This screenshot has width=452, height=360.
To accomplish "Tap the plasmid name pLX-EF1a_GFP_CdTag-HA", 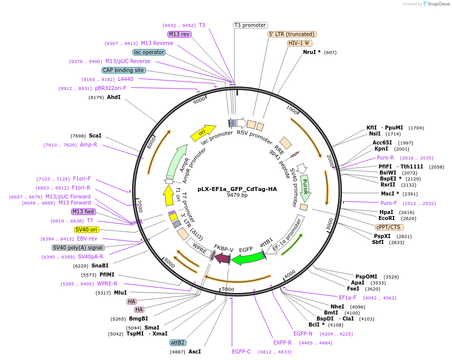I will tap(237, 189).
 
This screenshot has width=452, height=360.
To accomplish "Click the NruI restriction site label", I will tap(311, 52).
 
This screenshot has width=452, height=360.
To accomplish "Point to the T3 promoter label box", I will tap(250, 25).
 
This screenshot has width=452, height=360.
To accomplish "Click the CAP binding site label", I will tap(123, 70).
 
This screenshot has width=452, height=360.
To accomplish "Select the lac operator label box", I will tap(149, 52).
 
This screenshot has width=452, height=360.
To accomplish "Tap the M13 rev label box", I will tap(179, 34).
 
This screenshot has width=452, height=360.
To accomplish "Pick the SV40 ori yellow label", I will tap(86, 229).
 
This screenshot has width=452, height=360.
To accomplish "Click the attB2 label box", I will tap(177, 342).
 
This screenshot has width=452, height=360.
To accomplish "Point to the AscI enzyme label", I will tap(194, 351).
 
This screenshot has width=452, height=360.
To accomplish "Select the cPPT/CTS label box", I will tap(389, 227).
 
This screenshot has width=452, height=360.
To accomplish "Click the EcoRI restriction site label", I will tap(386, 218).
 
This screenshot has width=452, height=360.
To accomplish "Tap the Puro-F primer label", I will tap(388, 203).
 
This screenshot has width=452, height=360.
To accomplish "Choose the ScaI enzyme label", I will tap(95, 135).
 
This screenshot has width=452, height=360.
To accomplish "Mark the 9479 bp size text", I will tap(237, 195).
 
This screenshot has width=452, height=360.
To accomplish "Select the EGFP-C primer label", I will tap(241, 351).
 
